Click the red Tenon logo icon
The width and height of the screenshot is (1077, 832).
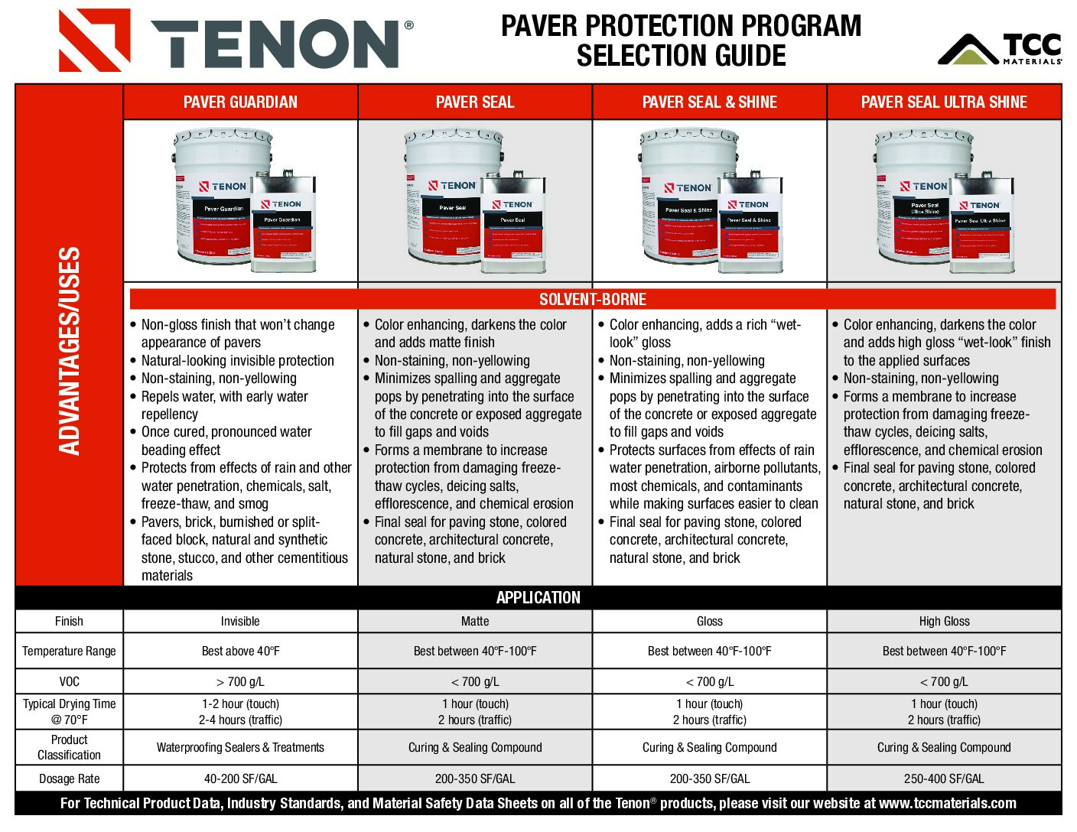[94, 41]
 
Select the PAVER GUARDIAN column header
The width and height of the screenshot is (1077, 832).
[240, 102]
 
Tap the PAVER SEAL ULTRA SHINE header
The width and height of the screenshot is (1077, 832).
[944, 102]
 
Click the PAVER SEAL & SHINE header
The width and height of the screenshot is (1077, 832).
[709, 102]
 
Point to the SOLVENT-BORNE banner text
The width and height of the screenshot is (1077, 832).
[593, 300]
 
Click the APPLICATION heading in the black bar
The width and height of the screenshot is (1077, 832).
[538, 598]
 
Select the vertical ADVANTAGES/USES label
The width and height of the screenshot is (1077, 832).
[70, 351]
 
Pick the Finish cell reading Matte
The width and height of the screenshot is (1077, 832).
[475, 622]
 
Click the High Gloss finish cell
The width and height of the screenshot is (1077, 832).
[944, 622]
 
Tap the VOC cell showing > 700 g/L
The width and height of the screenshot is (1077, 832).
[240, 681]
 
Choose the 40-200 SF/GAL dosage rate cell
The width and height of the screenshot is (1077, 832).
[240, 779]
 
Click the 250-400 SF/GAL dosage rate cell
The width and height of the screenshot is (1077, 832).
[944, 779]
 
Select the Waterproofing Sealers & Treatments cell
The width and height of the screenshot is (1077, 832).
[240, 748]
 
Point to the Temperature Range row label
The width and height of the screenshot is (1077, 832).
[69, 652]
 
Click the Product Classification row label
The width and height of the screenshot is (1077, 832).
[69, 748]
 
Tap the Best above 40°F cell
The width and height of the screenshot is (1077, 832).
[240, 652]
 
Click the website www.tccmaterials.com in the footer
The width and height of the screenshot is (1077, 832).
[947, 804]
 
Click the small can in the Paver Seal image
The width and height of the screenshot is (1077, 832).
[513, 226]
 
